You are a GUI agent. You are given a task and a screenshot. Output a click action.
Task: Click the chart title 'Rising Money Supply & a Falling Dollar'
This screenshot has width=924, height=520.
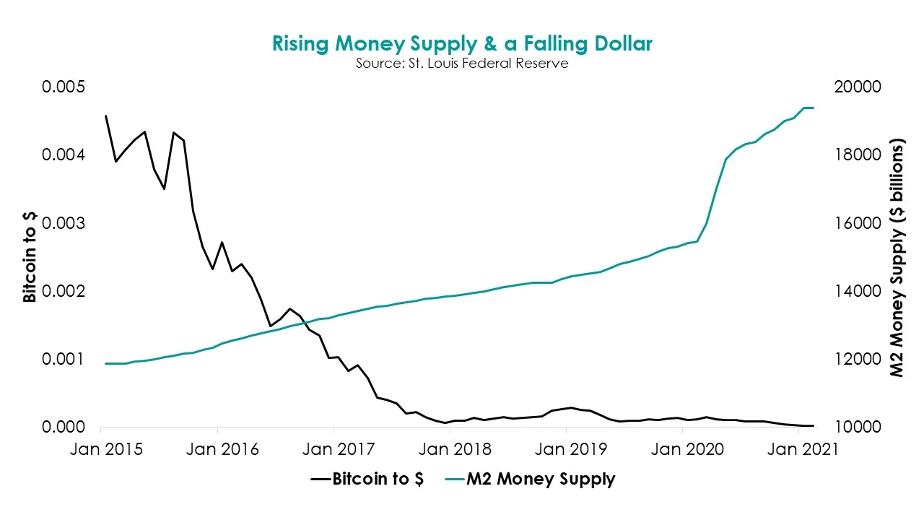point(462,43)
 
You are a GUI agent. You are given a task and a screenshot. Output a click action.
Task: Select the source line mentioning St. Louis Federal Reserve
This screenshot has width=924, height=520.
point(462,64)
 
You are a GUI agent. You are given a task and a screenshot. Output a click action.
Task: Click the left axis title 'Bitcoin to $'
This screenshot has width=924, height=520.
point(30,257)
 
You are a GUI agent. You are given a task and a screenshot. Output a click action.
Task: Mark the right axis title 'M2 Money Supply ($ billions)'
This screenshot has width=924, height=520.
point(897,257)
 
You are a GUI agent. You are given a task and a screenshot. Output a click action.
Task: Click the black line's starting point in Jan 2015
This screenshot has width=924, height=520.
point(106,116)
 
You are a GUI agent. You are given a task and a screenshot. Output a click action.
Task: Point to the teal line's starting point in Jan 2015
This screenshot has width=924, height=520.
point(106,363)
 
